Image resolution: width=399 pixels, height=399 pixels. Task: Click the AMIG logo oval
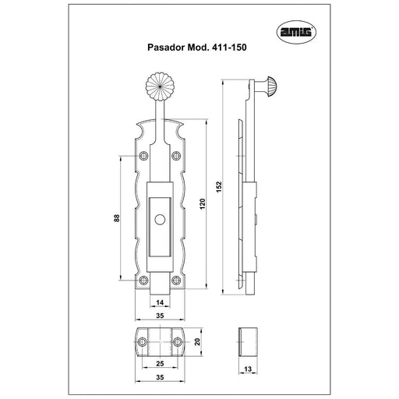tap(296, 32)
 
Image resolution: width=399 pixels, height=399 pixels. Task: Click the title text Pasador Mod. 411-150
tap(197, 48)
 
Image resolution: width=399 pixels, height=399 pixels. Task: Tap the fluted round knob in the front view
tap(160, 87)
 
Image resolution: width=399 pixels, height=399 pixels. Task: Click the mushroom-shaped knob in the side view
tap(270, 87)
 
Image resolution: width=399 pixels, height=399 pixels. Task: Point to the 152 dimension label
tap(219, 187)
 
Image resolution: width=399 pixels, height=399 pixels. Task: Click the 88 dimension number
tap(117, 217)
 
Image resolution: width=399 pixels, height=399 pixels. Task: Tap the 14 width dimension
tap(160, 302)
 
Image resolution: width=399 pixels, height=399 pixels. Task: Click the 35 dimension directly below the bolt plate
tap(160, 316)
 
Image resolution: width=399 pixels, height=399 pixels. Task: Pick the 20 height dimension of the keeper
tap(198, 341)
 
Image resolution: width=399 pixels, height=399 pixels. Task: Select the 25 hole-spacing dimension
tap(160, 363)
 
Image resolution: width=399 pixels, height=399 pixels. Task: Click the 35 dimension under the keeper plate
tap(160, 377)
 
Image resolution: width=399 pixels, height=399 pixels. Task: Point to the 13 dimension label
tap(248, 369)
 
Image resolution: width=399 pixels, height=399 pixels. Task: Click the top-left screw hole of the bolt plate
tap(143, 156)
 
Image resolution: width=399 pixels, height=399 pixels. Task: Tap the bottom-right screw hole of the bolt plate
tap(176, 281)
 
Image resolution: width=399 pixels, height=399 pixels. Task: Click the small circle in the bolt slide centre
tap(160, 220)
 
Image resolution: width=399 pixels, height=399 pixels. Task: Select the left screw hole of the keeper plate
tap(142, 341)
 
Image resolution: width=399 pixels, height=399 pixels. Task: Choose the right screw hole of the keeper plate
tap(178, 341)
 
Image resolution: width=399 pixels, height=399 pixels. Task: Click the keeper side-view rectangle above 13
tap(248, 341)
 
